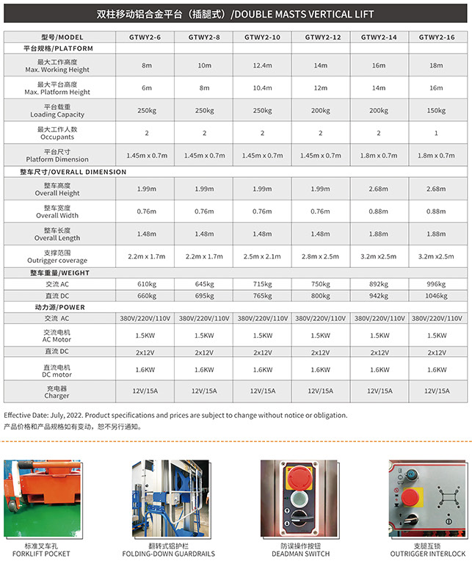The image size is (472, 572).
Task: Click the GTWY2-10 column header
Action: click(262, 37)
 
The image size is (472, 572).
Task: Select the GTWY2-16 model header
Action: click(436, 37)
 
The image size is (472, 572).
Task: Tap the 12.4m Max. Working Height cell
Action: click(262, 65)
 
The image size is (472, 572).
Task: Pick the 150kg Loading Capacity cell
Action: click(436, 110)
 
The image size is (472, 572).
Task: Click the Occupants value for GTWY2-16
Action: click(436, 133)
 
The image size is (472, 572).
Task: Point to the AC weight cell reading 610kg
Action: click(147, 284)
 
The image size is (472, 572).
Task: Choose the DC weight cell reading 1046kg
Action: click(436, 295)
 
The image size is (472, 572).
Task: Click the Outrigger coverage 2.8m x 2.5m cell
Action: click(321, 256)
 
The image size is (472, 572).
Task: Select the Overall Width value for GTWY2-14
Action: click(378, 211)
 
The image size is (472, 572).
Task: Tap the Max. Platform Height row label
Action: click(57, 88)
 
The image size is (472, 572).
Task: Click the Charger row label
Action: click(57, 391)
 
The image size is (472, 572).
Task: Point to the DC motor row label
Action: click(57, 370)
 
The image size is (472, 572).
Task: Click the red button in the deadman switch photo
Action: click(299, 475)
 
